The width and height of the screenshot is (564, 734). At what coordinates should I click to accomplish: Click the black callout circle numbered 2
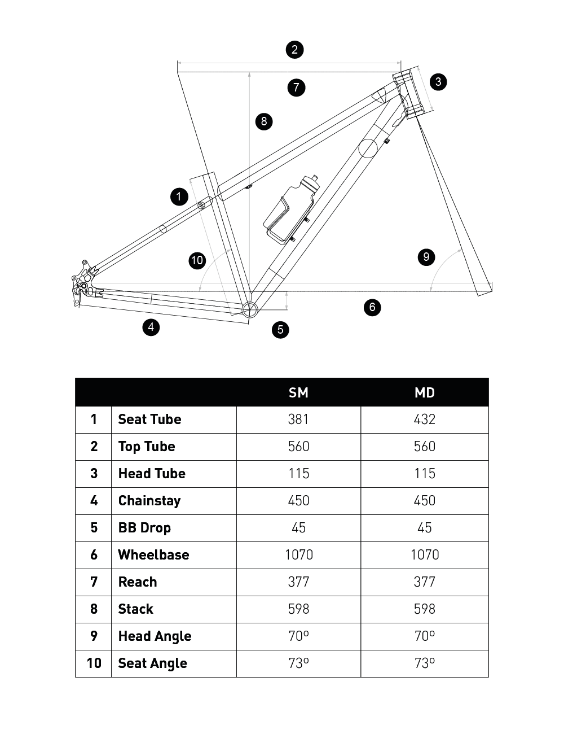[294, 50]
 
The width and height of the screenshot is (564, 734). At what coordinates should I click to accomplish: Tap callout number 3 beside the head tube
[438, 82]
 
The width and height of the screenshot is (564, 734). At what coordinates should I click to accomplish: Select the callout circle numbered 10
[197, 260]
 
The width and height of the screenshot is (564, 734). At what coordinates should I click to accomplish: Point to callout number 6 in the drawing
[372, 307]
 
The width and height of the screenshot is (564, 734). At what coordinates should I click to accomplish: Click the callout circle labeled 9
[426, 257]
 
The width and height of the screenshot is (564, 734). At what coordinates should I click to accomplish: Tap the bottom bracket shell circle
[249, 308]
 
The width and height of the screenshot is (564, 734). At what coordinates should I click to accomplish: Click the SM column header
[298, 392]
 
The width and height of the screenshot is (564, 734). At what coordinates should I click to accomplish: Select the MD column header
[425, 392]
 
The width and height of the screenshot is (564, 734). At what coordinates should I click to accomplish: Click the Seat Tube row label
[149, 420]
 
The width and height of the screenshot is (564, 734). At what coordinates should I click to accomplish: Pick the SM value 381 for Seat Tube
[298, 420]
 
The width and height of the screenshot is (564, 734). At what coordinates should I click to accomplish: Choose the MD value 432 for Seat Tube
[425, 420]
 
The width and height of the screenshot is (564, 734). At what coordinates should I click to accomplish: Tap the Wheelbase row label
[153, 555]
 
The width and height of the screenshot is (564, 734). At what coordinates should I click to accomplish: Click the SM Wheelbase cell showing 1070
[298, 555]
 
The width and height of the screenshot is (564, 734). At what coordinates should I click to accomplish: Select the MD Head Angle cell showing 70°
[425, 636]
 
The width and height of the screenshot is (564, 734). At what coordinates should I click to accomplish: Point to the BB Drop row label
[144, 528]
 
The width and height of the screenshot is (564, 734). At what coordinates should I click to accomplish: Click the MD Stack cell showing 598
[425, 609]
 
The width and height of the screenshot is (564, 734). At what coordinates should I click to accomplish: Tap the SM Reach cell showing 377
[298, 582]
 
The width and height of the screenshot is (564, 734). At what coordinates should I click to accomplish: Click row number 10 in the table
[94, 663]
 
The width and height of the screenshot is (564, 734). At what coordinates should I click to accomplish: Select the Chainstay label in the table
[149, 501]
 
